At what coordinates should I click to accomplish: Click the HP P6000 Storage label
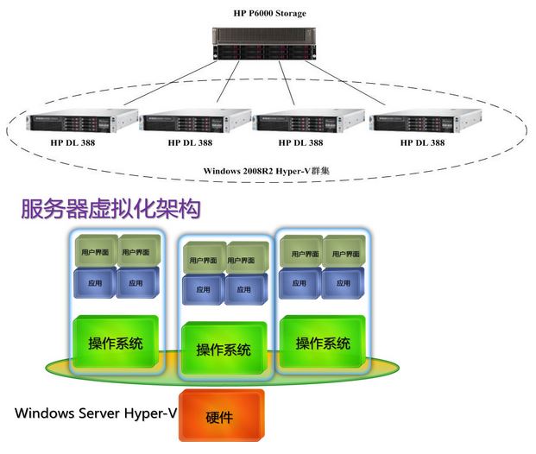269,13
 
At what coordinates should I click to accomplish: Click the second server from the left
193,123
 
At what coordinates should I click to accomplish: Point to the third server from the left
306,123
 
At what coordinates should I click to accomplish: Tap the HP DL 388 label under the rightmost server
422,142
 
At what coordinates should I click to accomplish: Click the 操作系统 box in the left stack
116,344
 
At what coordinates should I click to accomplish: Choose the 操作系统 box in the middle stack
224,350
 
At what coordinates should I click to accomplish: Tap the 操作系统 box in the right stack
323,343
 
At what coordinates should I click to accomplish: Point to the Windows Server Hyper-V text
96,413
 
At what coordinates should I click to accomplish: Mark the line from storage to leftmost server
147,86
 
